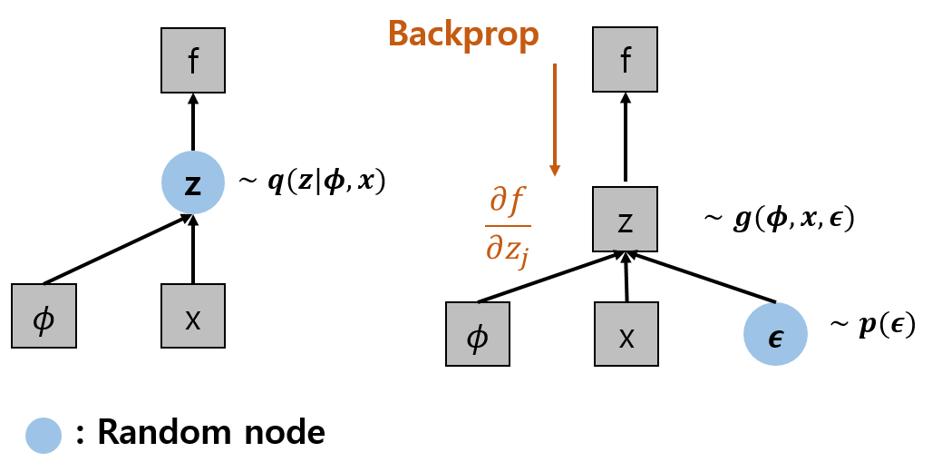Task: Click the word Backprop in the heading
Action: point(463,34)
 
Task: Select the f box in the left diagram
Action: point(193,60)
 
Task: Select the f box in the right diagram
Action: point(625,60)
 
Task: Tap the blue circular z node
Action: point(193,182)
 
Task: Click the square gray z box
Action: point(625,219)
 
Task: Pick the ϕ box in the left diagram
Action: point(44,316)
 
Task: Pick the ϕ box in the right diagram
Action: point(478,334)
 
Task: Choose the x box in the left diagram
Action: point(193,316)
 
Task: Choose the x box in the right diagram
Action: point(626,334)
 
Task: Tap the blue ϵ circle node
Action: point(775,334)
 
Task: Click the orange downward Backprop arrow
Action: point(555,118)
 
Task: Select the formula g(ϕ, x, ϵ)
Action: point(780,219)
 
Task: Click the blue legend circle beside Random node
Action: point(43,435)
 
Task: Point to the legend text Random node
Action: point(210,433)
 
